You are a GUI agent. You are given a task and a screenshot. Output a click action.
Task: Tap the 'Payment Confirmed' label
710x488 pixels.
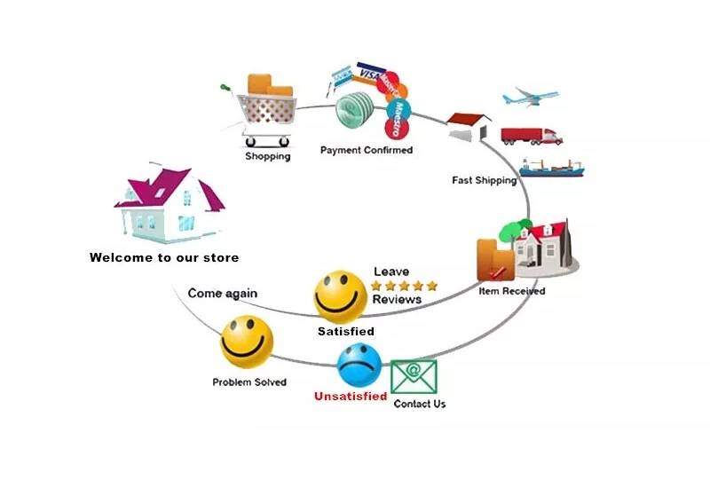367,150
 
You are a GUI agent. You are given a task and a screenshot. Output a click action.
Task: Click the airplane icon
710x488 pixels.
531,96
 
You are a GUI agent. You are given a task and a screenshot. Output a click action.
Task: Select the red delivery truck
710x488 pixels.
532,136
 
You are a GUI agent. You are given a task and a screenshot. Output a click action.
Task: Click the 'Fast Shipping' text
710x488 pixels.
484,180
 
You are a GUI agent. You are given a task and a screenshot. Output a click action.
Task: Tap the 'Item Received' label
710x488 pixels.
512,291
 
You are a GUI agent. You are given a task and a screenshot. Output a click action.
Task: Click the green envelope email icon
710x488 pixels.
414,377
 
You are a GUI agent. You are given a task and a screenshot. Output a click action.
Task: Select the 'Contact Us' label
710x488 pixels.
420,405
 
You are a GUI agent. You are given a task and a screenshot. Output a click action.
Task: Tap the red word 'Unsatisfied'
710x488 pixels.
351,397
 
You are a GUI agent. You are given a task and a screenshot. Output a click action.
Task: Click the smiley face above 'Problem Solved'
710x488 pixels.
247,342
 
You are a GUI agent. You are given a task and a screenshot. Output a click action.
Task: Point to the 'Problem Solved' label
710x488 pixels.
249,382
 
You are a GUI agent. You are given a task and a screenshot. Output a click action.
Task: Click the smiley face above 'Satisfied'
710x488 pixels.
341,296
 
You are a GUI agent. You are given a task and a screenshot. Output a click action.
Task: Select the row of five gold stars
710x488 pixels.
404,286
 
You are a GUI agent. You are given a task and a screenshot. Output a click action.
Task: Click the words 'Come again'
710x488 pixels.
223,293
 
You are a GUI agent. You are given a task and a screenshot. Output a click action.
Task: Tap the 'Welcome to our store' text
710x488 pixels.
164,258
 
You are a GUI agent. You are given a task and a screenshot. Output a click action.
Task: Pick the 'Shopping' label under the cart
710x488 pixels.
268,157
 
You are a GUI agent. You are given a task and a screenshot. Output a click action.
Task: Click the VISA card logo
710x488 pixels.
370,75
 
